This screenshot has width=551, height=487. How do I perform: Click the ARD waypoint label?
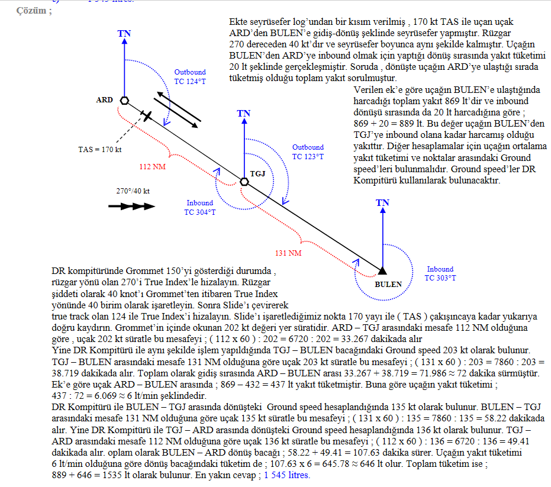104,100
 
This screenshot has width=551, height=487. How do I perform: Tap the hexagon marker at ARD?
124,101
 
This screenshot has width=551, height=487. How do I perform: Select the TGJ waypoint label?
257,173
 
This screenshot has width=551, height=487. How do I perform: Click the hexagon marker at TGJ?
244,182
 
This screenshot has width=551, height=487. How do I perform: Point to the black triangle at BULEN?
382,270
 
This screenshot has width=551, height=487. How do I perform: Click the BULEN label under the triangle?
388,284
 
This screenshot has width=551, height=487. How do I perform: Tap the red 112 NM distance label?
152,166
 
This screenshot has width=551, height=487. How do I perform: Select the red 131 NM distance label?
288,253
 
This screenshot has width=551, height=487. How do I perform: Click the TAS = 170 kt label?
100,149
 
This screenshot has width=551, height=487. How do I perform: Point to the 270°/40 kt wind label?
133,191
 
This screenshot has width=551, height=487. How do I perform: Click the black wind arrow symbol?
131,207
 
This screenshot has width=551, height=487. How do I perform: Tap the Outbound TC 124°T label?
190,76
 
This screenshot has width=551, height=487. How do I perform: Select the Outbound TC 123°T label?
308,152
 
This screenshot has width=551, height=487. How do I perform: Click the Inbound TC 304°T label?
200,207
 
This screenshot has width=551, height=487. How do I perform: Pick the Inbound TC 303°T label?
440,273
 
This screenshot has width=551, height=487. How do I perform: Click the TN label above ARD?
124,33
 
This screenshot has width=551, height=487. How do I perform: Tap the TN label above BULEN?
382,203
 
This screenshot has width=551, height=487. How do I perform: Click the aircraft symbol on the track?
146,115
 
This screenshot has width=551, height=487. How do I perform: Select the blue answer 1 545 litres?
287,475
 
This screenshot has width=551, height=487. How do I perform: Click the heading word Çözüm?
31,11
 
